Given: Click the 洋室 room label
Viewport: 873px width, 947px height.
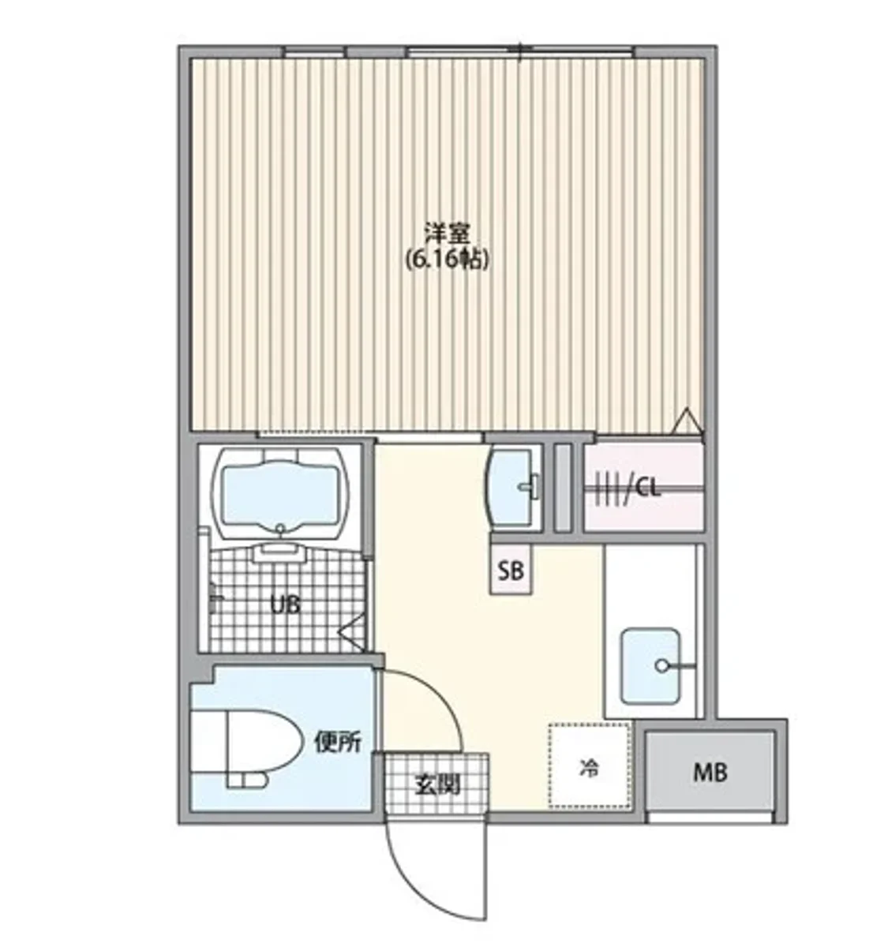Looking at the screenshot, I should click(x=447, y=234).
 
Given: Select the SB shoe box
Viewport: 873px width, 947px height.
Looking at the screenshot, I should click(x=511, y=571).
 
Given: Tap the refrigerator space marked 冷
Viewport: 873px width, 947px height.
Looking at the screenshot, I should click(x=589, y=766).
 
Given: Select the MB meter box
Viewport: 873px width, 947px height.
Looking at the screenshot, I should click(x=710, y=773).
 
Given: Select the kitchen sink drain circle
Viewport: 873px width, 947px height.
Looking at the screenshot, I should click(x=661, y=666).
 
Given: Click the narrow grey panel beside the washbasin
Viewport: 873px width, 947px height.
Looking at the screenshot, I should click(x=562, y=488).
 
